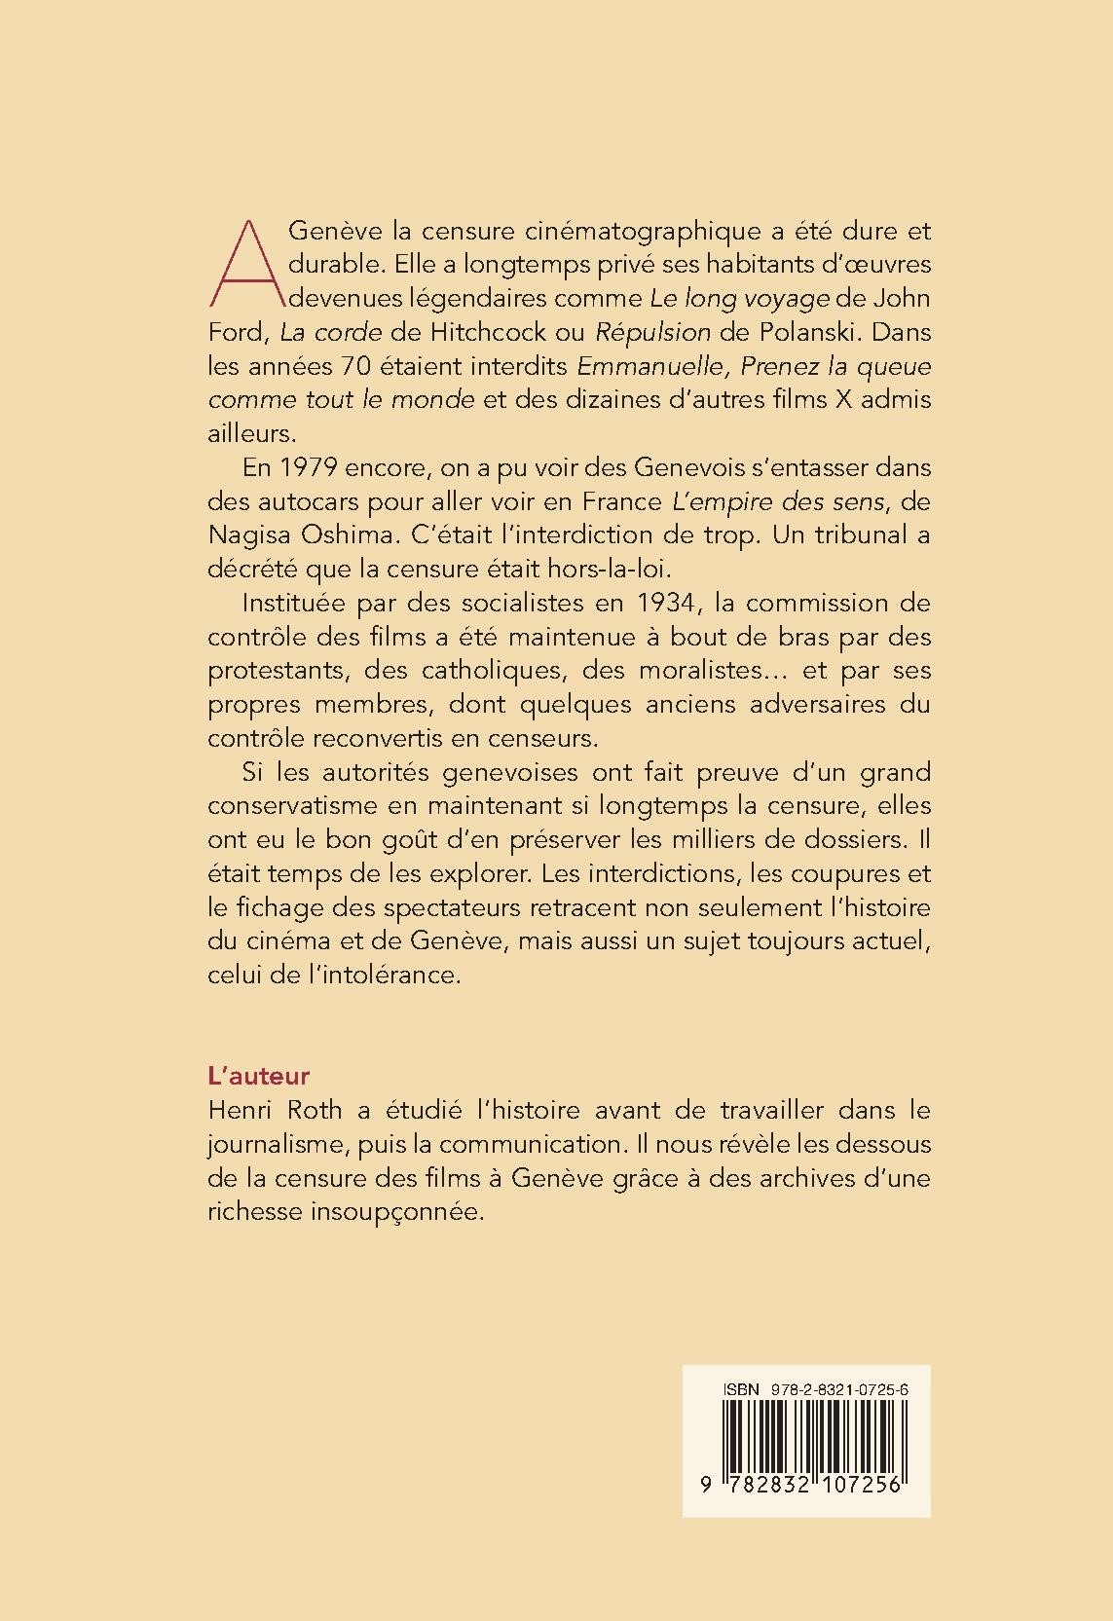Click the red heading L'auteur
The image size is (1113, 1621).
pos(258,1076)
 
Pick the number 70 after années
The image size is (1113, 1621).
pos(353,366)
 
